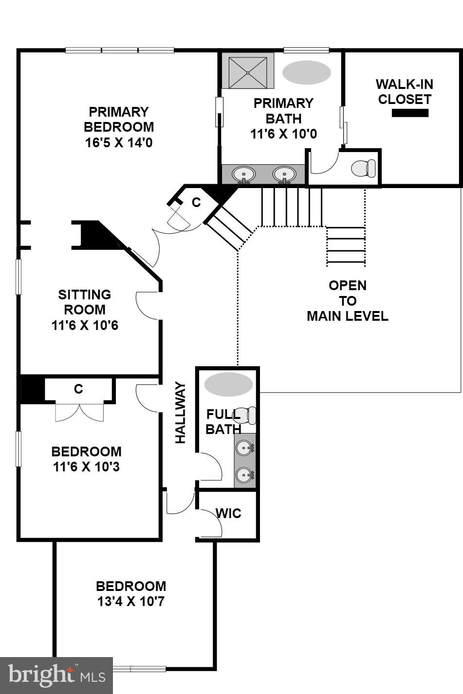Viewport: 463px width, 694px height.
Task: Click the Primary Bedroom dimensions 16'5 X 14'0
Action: pyautogui.click(x=119, y=142)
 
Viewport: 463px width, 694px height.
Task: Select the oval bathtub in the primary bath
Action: pyautogui.click(x=307, y=72)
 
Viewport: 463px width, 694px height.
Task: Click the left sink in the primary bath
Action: pyautogui.click(x=243, y=174)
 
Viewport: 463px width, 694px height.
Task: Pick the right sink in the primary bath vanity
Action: pyautogui.click(x=284, y=174)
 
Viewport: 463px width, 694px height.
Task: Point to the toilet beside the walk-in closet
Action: pyautogui.click(x=363, y=168)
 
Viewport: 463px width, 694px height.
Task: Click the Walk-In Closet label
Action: pyautogui.click(x=405, y=92)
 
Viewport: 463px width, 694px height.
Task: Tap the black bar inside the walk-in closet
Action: pyautogui.click(x=410, y=113)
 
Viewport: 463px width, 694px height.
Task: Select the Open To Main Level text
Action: pyautogui.click(x=348, y=301)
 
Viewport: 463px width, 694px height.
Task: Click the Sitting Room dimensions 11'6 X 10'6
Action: pyautogui.click(x=85, y=325)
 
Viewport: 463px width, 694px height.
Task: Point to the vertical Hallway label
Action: pyautogui.click(x=181, y=413)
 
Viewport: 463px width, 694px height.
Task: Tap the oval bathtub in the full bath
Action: pyautogui.click(x=228, y=384)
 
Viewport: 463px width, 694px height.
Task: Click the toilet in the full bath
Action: pyautogui.click(x=246, y=415)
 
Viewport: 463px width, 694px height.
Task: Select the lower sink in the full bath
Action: pyautogui.click(x=245, y=474)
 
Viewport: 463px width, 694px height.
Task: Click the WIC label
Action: pyautogui.click(x=228, y=513)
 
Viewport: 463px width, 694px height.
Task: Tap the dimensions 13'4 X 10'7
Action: pyautogui.click(x=131, y=602)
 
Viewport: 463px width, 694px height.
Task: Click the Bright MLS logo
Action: pyautogui.click(x=56, y=676)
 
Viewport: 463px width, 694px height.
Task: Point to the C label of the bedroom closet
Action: pyautogui.click(x=78, y=389)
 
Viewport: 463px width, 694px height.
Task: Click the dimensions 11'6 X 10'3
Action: pyautogui.click(x=86, y=467)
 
